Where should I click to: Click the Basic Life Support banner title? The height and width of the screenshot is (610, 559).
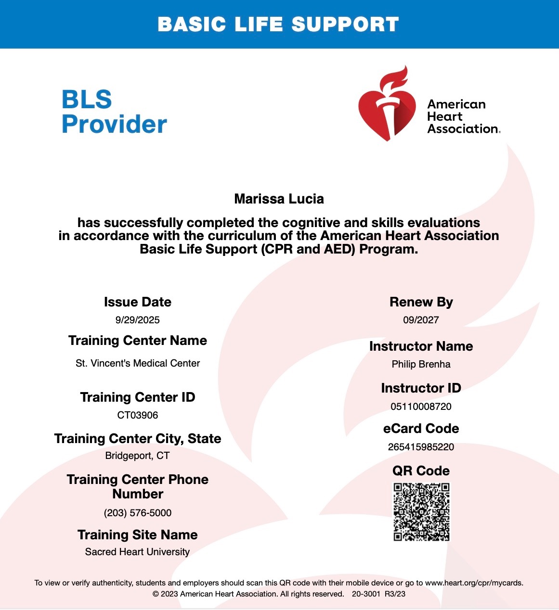(278, 25)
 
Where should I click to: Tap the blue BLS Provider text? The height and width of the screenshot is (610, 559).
(114, 112)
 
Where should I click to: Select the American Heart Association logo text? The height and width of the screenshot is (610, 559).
(457, 116)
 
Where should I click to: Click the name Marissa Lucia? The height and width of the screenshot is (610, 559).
(279, 199)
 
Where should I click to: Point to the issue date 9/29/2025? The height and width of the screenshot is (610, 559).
(137, 320)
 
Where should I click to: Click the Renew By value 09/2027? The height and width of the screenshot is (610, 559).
(421, 320)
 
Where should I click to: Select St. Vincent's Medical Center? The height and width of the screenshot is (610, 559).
(138, 363)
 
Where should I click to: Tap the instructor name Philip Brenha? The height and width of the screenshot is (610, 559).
(421, 364)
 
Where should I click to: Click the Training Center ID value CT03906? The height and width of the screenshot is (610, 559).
(138, 415)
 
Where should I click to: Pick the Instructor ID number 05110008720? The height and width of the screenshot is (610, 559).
(421, 407)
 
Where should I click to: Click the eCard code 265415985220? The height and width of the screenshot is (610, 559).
(421, 447)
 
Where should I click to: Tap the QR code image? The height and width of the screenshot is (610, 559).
(421, 512)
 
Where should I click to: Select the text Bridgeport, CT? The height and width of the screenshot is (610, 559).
(138, 456)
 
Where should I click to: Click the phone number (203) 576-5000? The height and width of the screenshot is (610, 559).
(138, 513)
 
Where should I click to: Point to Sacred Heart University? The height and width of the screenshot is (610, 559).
(138, 552)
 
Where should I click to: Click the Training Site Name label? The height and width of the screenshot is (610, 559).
(138, 535)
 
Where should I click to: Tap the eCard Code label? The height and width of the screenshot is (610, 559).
(421, 429)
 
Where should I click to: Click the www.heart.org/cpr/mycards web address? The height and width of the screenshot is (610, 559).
(474, 583)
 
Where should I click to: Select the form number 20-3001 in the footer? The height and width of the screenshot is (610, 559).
(366, 594)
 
